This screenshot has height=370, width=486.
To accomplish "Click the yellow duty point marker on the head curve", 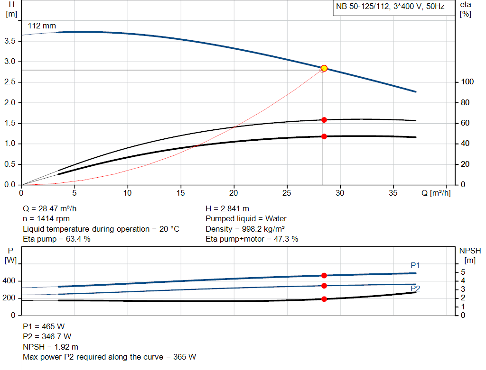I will coord(324,68).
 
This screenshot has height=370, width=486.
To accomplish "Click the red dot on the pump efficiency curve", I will coord(324,120).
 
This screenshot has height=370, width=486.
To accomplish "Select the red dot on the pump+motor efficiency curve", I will coord(324,136).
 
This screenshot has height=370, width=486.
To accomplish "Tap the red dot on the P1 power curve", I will coord(324,275).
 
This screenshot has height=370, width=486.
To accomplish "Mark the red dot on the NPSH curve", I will coord(324,299).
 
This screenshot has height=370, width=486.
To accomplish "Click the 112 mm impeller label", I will coord(42,26).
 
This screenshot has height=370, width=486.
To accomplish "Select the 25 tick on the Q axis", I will coord(287,193).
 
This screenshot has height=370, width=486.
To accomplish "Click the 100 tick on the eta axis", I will coord(467,82).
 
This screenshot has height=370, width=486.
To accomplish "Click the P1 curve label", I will coord(415,265).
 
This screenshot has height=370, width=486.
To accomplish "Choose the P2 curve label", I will coord(415,289).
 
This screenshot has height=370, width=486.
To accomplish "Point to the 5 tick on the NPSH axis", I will coord(463,272).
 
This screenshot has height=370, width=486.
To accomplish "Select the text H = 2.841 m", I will coord(227,208).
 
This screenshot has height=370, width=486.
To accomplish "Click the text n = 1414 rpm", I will coord(47,219).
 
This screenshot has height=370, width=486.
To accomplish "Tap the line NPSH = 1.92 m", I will coord(51,347).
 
